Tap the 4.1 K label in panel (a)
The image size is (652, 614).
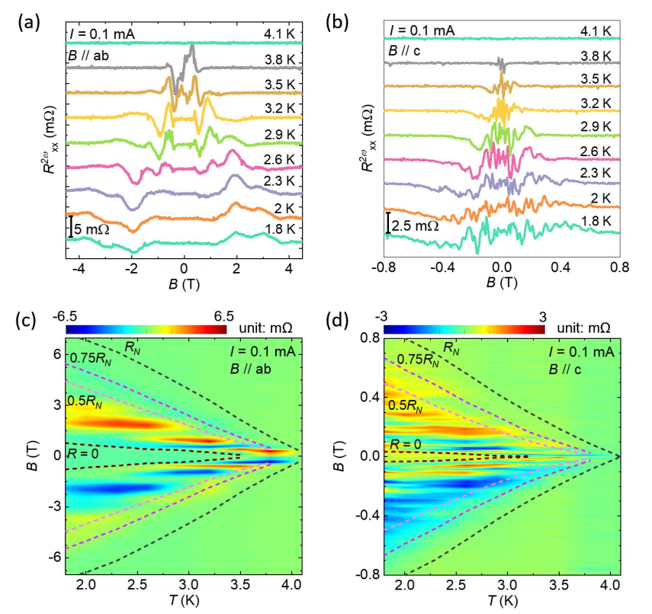click(x=279, y=34)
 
